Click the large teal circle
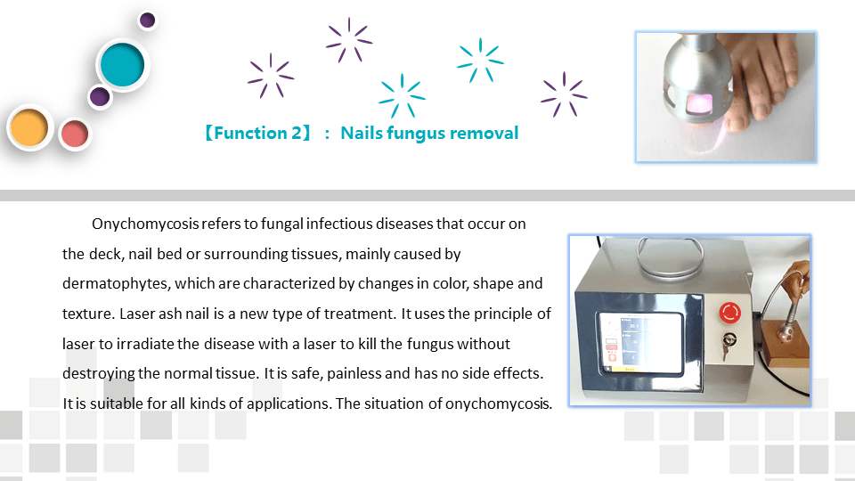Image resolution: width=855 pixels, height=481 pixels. point(123,65)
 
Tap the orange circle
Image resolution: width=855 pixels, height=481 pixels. point(29,127)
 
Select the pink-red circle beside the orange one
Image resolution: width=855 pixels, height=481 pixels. point(75,135)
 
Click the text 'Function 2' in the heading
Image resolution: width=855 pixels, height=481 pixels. point(257,133)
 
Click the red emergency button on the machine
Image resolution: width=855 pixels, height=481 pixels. point(729,313)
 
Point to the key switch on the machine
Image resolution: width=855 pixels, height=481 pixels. point(728,344)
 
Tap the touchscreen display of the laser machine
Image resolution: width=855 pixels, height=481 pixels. point(641,342)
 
